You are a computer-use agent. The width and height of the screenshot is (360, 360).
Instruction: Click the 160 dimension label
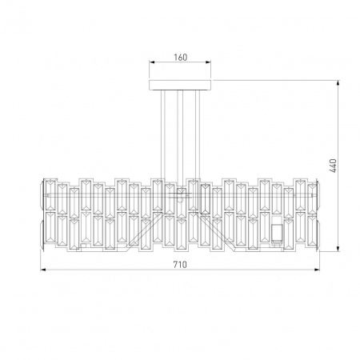[x=181, y=58]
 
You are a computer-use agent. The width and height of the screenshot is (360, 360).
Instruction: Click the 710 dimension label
[x=180, y=265]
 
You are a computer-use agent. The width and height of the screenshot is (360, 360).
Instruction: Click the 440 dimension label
[x=333, y=166]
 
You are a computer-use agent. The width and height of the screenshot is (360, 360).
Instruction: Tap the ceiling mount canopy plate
[x=180, y=86]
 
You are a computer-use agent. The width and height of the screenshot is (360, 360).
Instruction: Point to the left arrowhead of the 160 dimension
[x=152, y=62]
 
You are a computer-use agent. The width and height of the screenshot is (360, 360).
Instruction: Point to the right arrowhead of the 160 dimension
[x=208, y=62]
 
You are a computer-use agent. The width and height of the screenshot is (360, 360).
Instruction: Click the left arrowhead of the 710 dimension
[x=43, y=270]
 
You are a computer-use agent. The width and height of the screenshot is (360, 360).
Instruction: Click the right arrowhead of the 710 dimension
[x=317, y=270]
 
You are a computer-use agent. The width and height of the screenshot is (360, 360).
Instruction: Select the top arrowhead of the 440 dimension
[x=338, y=83]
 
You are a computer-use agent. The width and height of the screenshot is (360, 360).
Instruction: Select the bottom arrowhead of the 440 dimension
[x=338, y=249]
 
